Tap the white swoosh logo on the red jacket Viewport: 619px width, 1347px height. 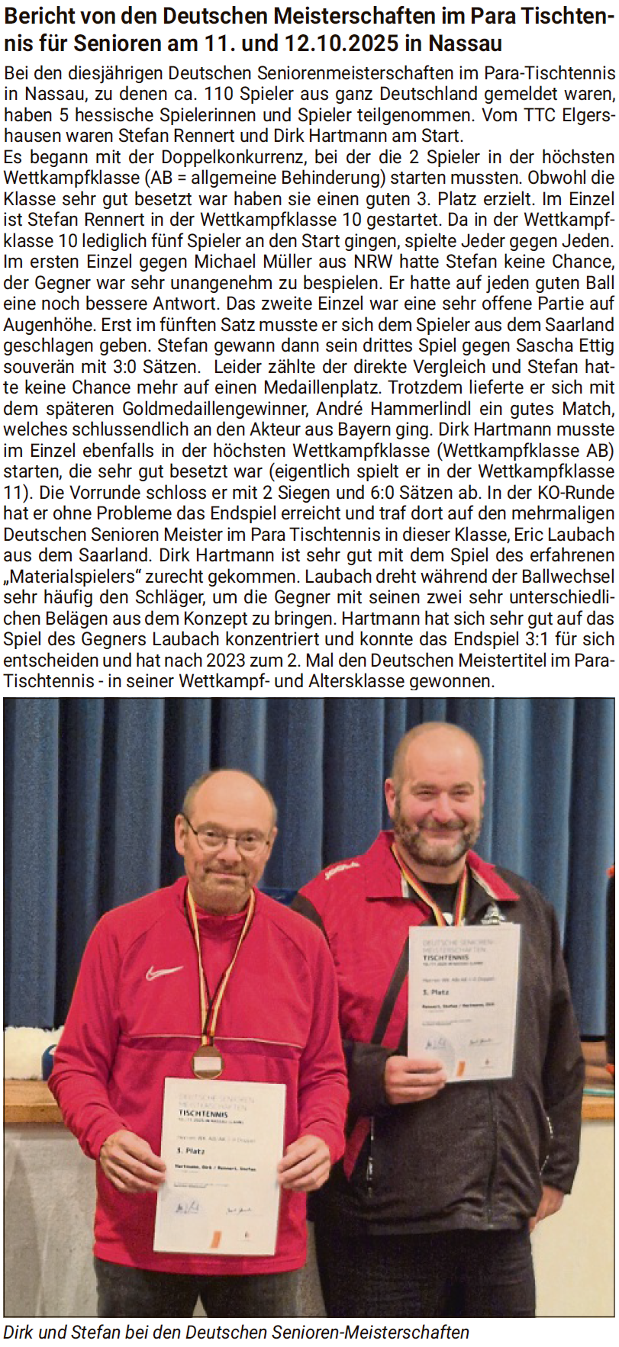[x=163, y=972]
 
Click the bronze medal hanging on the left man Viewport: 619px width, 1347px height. [x=207, y=1059]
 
